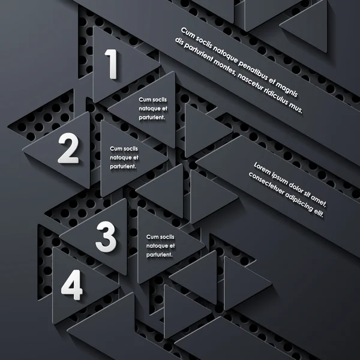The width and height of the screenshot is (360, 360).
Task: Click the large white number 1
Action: pyautogui.click(x=112, y=64)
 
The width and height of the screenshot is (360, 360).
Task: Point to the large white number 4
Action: pyautogui.click(x=71, y=286)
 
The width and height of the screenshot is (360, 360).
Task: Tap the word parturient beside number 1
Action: pyautogui.click(x=151, y=117)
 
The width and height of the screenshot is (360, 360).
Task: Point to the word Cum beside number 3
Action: pyautogui.click(x=152, y=238)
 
